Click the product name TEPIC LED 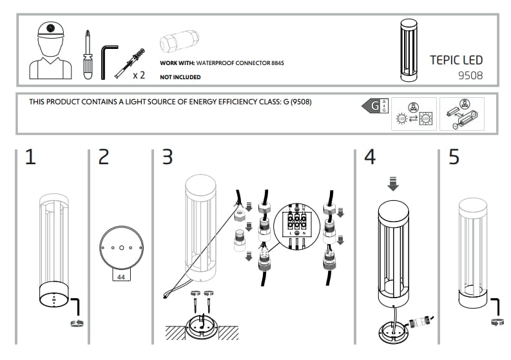tap(456, 61)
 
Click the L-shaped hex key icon tap(108, 56)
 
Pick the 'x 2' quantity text tap(139, 75)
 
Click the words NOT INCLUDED tap(180, 77)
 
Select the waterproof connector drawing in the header tap(182, 43)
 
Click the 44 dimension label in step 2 tap(121, 275)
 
